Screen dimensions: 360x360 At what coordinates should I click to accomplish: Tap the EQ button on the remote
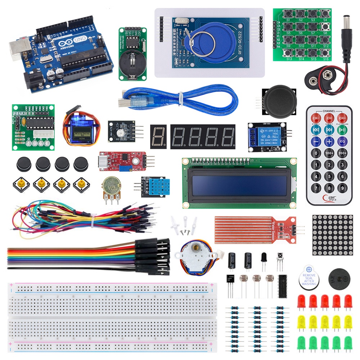342,141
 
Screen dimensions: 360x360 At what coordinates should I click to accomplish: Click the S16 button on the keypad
325,53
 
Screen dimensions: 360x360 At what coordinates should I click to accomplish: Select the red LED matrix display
332,235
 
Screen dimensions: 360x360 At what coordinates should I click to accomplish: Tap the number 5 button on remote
329,176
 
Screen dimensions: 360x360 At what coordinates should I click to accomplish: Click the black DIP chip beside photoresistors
283,286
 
